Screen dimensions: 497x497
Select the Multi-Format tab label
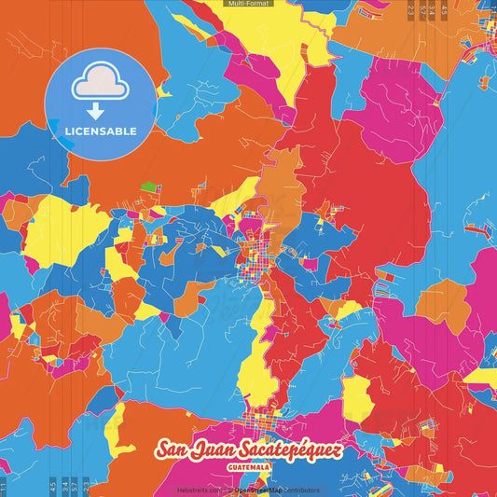(248, 4)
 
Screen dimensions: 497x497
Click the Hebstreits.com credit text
(199, 489)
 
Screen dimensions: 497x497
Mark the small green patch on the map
(148, 186)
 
